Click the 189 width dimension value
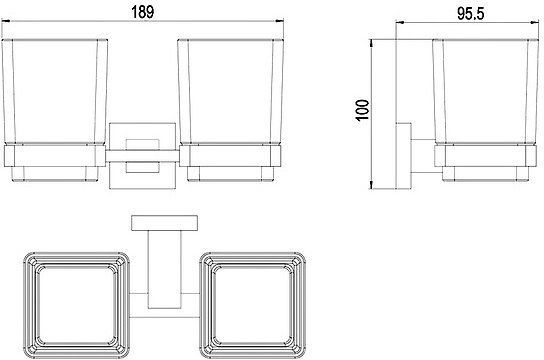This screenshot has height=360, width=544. [x=143, y=12]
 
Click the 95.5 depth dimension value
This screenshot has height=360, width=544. [x=470, y=14]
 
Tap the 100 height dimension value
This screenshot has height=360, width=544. [x=363, y=110]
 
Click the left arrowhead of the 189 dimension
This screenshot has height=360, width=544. [x=6, y=21]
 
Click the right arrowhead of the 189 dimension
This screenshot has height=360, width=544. [x=280, y=21]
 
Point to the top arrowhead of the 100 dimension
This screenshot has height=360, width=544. [x=371, y=43]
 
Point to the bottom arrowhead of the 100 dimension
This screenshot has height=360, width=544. [x=371, y=185]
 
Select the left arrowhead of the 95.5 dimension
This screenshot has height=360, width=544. [x=400, y=23]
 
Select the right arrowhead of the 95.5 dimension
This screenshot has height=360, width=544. [x=533, y=23]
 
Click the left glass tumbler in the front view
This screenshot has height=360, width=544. [x=55, y=92]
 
